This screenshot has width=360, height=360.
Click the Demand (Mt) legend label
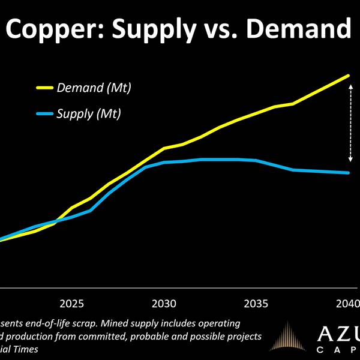[x=94, y=88]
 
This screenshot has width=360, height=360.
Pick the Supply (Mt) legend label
[x=89, y=113]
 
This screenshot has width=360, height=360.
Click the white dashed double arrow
[x=351, y=123]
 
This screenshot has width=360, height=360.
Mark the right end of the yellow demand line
[x=349, y=76]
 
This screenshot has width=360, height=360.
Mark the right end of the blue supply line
[x=349, y=173]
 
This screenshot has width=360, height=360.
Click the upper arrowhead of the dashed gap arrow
[x=351, y=85]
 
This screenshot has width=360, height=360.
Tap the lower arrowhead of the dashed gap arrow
[x=351, y=160]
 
